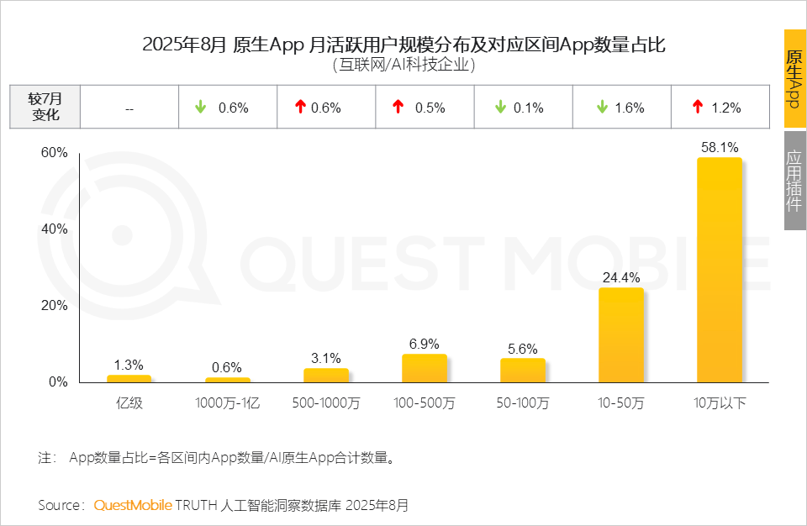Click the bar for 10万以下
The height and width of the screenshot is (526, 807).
pyautogui.click(x=719, y=270)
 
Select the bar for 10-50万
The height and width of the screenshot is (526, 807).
pyautogui.click(x=620, y=335)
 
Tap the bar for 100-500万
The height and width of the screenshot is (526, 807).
pyautogui.click(x=424, y=368)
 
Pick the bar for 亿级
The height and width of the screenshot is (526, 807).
pyautogui.click(x=129, y=378)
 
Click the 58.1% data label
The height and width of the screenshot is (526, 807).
pyautogui.click(x=719, y=147)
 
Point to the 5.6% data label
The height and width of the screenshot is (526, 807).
pyautogui.click(x=522, y=349)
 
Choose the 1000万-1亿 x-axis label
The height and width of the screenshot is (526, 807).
pyautogui.click(x=227, y=403)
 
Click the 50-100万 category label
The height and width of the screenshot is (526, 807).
pyautogui.click(x=522, y=403)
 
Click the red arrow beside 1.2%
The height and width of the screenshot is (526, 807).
pyautogui.click(x=697, y=107)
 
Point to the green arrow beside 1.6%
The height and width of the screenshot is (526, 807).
pyautogui.click(x=602, y=107)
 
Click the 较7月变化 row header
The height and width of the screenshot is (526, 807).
pyautogui.click(x=45, y=107)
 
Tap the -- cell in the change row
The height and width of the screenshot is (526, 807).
pyautogui.click(x=129, y=108)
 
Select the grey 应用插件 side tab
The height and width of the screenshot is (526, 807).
pyautogui.click(x=794, y=180)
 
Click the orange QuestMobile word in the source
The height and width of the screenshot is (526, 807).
pyautogui.click(x=132, y=505)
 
